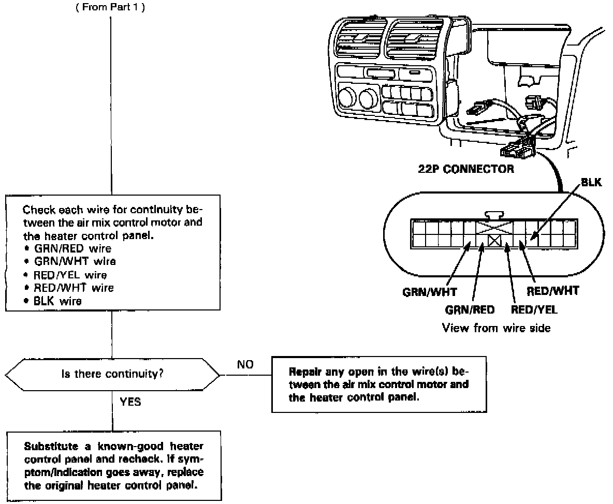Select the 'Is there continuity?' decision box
click(x=112, y=373)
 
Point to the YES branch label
click(x=130, y=402)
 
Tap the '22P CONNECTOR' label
click(x=466, y=169)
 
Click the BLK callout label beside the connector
click(x=591, y=183)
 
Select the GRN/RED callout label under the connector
click(x=470, y=310)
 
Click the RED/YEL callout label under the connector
click(x=534, y=310)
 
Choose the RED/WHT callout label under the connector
click(x=553, y=291)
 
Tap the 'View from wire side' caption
click(x=496, y=328)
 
